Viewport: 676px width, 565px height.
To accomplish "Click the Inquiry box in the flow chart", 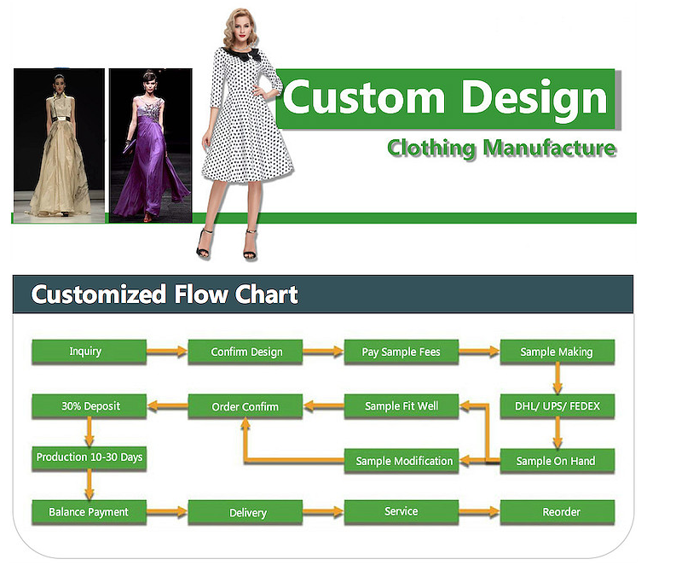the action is tap(90, 352).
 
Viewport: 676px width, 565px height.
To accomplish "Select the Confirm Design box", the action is tap(246, 352).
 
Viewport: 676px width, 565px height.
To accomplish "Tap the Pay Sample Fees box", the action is tap(402, 352).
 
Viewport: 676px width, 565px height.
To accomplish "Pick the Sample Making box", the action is tap(558, 352).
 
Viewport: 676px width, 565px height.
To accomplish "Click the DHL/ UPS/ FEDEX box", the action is tap(558, 406).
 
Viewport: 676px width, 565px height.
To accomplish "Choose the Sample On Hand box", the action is tap(558, 461).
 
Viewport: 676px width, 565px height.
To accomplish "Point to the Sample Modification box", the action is tap(402, 461).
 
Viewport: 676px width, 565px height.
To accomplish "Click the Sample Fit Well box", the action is tap(402, 406).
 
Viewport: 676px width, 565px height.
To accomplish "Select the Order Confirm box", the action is tap(246, 406).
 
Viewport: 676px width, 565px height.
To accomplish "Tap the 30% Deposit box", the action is tap(90, 406).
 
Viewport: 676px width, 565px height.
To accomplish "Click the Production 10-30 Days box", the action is tap(90, 458).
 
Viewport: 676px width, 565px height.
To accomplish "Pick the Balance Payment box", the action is tap(90, 512).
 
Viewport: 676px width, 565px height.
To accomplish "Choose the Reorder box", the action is tap(558, 512).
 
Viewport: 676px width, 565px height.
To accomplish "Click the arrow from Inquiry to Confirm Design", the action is tap(167, 352).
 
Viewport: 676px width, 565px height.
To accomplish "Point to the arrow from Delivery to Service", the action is tap(323, 512).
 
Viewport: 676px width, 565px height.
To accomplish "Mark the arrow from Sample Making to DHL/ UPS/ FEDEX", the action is tap(558, 378).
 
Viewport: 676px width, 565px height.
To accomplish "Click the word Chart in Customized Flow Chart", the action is tap(267, 294).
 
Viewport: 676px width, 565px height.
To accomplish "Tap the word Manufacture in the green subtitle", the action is tap(549, 148).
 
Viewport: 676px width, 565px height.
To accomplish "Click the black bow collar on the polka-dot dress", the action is tap(242, 54).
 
